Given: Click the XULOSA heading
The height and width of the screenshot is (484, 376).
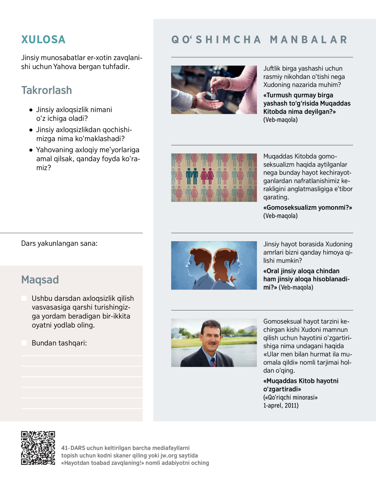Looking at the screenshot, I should click(x=43, y=40).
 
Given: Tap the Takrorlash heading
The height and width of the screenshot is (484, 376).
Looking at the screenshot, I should click(x=46, y=90).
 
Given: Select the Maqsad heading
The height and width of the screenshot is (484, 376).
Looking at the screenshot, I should click(x=40, y=279).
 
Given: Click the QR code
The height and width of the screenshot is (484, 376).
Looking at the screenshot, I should click(x=38, y=448).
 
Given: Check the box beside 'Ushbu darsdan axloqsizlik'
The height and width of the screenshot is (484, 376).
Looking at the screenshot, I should click(x=24, y=298).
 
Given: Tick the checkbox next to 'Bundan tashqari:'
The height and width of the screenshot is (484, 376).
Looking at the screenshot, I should click(x=24, y=343).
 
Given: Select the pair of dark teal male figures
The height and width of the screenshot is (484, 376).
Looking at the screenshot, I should click(x=192, y=176).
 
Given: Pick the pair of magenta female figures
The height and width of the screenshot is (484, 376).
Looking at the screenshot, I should click(x=207, y=176).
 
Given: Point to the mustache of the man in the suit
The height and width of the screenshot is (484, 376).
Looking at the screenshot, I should click(x=212, y=343).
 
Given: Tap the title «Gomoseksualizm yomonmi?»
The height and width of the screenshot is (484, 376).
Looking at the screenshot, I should click(x=307, y=207).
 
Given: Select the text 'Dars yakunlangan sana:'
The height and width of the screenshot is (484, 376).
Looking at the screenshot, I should click(x=59, y=243).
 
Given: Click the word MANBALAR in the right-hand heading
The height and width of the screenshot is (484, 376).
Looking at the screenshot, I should click(x=309, y=40).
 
